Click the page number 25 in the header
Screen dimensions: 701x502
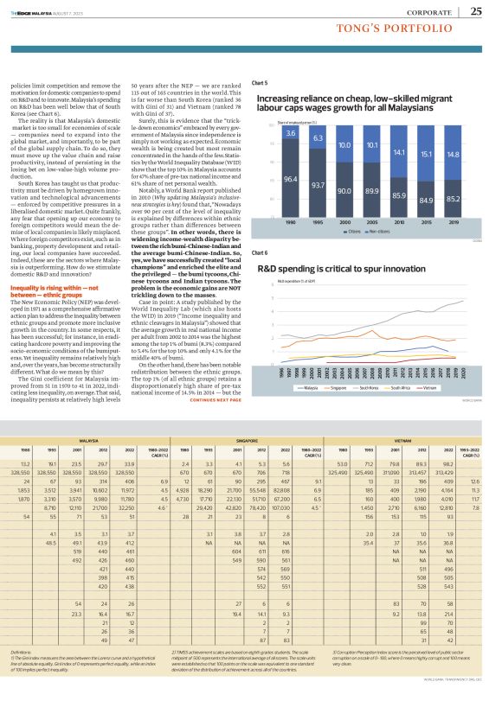(476, 10)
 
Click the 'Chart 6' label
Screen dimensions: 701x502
(259, 252)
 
